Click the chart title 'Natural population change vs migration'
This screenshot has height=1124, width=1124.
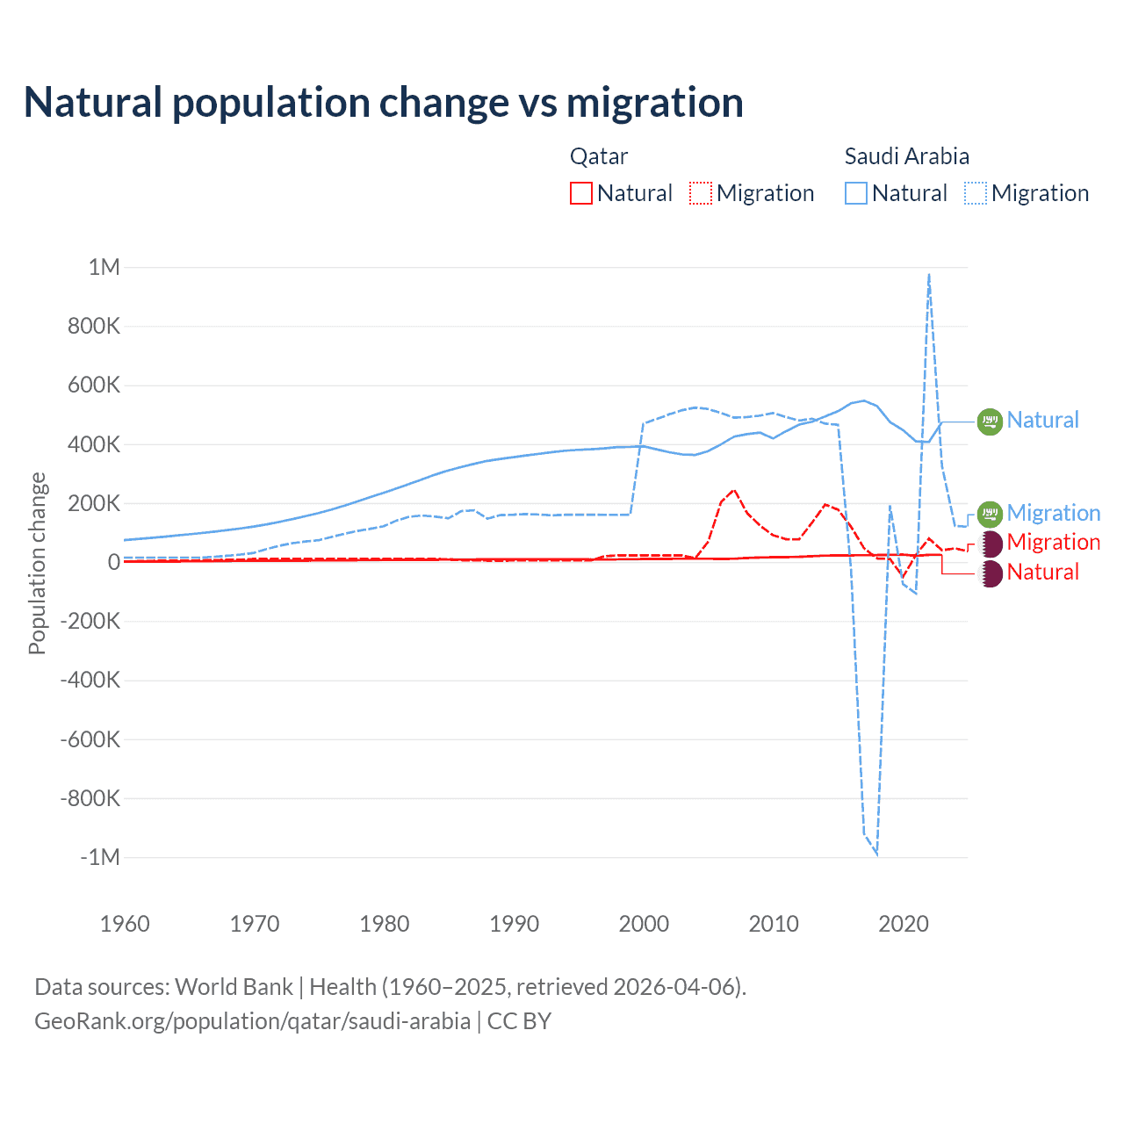(x=384, y=103)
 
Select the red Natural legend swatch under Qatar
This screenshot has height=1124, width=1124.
(x=580, y=193)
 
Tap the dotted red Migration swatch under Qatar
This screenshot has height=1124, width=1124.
(x=701, y=193)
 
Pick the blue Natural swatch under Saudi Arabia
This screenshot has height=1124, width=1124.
(x=855, y=193)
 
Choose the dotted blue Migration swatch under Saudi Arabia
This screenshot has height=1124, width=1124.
(x=976, y=193)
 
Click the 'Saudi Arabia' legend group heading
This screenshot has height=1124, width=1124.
(x=906, y=156)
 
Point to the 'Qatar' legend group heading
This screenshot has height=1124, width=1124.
(x=599, y=156)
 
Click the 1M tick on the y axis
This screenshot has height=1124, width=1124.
(x=104, y=267)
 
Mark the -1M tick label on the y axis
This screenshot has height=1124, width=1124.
(x=99, y=857)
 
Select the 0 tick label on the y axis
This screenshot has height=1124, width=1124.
(x=113, y=562)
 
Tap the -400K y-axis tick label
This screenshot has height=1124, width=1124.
(x=90, y=680)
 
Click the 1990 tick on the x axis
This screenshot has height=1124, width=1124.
(x=514, y=924)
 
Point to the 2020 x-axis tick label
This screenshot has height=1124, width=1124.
(x=904, y=924)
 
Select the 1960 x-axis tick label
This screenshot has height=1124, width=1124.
(x=125, y=924)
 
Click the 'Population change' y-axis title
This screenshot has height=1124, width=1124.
(x=37, y=563)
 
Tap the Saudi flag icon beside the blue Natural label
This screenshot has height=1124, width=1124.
(x=990, y=421)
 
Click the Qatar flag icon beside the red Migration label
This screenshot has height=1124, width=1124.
(x=991, y=544)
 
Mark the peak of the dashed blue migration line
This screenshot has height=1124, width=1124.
(x=929, y=275)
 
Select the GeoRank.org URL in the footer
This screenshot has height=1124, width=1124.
(x=252, y=1021)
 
